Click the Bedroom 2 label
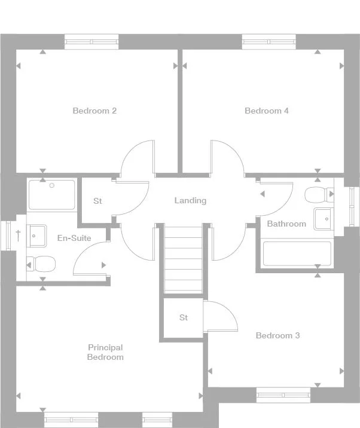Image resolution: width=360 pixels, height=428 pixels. [x=94, y=111]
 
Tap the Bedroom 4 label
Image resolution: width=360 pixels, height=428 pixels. [x=267, y=111]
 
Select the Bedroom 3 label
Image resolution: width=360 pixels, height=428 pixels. [x=277, y=335]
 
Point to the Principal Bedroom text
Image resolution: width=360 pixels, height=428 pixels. [x=105, y=352]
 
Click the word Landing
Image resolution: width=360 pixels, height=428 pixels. [x=190, y=200]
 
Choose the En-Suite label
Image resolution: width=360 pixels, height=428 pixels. [x=74, y=238]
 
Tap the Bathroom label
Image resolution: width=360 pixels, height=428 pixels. [x=286, y=224]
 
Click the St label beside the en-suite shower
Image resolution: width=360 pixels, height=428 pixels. [x=97, y=201]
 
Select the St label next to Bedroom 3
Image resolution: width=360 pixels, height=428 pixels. [x=184, y=317]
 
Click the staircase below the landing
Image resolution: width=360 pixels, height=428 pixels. [x=184, y=260]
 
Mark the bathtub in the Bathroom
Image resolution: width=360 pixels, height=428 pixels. [x=297, y=253]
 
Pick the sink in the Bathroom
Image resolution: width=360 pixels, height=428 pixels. [x=324, y=219]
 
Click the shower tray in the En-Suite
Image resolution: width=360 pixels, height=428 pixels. [x=52, y=194]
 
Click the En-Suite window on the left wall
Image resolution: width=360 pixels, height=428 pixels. [x=8, y=235]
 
